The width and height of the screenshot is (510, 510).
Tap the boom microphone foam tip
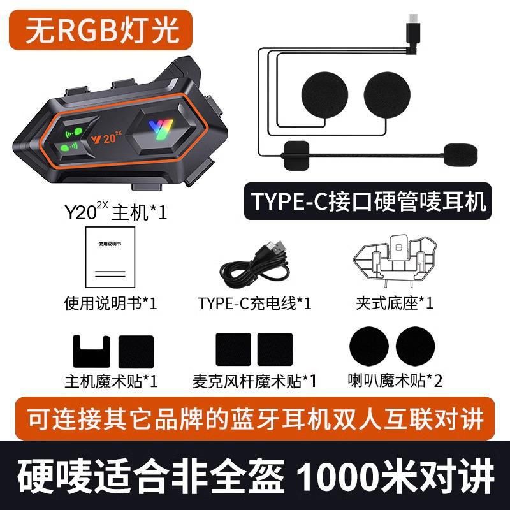tap(460, 155)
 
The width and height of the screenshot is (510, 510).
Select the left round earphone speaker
tap(324, 95)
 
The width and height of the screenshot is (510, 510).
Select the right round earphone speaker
tap(387, 95)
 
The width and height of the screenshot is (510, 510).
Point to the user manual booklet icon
tap(110, 257)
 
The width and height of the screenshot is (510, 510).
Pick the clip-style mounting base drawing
tap(395, 260)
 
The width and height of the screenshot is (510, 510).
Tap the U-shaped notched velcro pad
tap(91, 351)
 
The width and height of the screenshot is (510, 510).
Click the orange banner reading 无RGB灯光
tap(101, 30)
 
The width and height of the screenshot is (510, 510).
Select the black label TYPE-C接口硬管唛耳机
tap(368, 201)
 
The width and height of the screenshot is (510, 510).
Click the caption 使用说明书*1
tap(110, 303)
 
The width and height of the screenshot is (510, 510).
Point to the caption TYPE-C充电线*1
tap(254, 303)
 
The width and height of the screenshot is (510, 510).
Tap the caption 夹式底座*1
tap(395, 303)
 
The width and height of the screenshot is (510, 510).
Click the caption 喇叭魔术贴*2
tap(395, 380)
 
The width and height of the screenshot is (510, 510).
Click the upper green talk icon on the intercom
tap(73, 133)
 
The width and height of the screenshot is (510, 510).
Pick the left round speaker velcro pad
tap(369, 346)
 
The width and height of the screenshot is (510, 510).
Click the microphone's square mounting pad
tap(296, 155)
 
